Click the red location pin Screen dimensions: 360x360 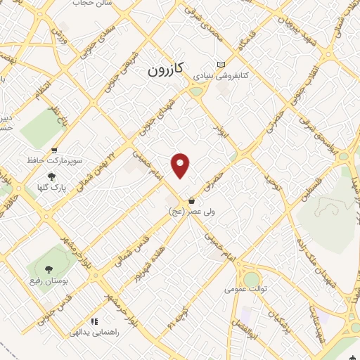coord(181,165)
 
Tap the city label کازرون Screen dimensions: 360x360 coord(165,70)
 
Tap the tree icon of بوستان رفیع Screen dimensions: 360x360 coord(49,269)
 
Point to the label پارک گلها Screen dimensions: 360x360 coord(49,188)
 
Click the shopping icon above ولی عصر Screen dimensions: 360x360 coord(191,201)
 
